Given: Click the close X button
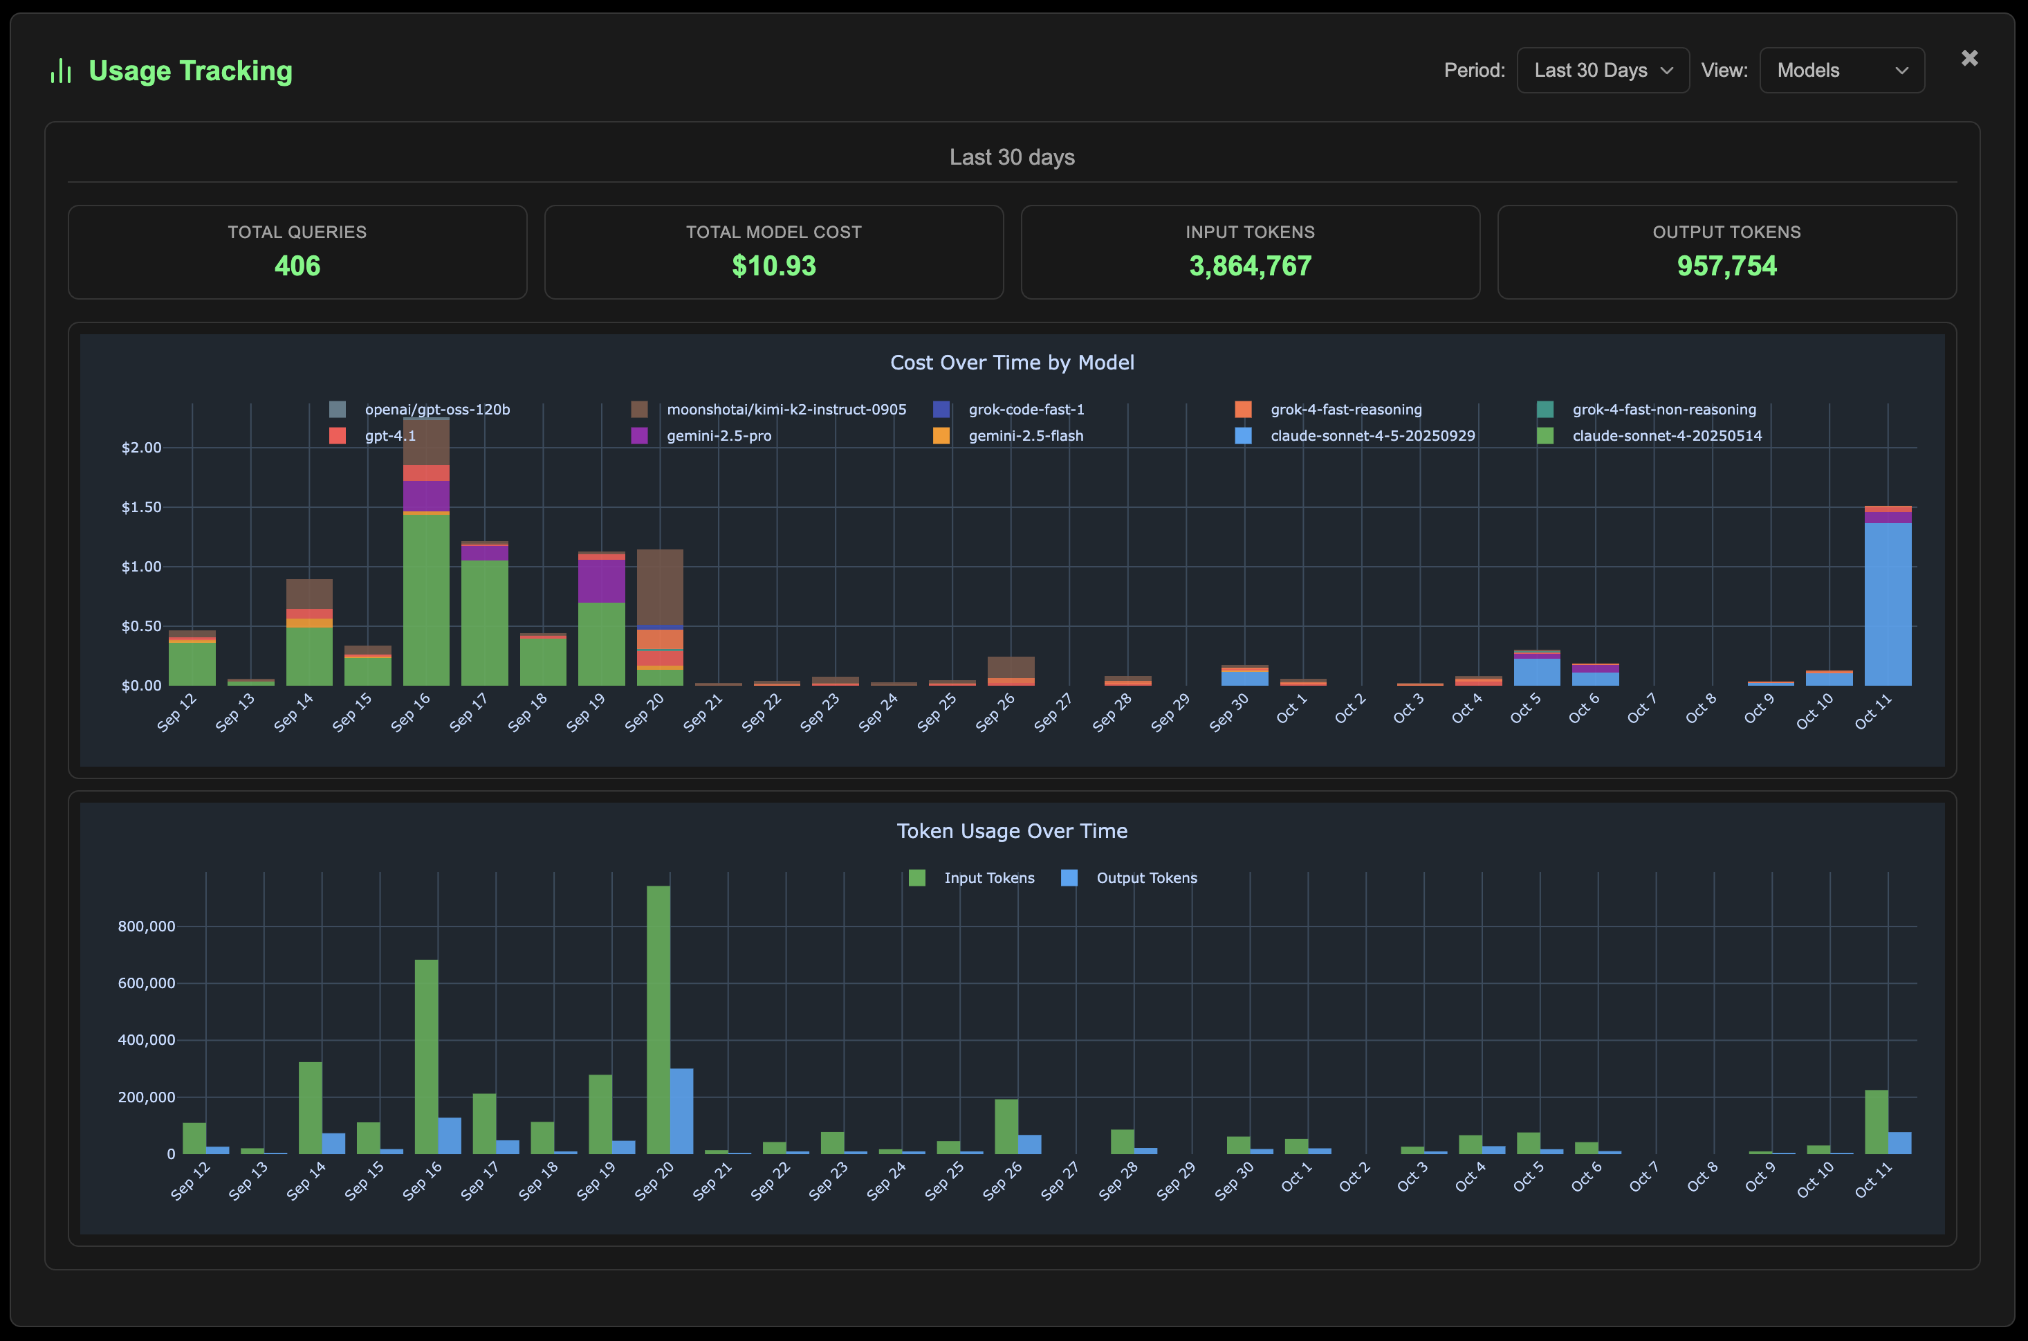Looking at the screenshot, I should (1969, 58).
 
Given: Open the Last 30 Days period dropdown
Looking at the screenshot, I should (1602, 70).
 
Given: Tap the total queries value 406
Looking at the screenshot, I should (297, 266).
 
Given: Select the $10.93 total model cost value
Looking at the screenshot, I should (774, 266).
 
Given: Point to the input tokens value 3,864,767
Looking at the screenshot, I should (1250, 266).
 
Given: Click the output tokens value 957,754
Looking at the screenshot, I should (1726, 266).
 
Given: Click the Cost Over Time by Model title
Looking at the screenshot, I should (1011, 363).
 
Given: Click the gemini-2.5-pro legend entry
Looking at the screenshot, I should (718, 435).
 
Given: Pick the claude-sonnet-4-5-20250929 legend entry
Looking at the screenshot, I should (1372, 435).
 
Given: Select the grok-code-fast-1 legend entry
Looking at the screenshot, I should (1025, 410).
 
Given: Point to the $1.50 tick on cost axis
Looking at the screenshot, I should (141, 507).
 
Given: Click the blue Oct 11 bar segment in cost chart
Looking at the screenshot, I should (1887, 603).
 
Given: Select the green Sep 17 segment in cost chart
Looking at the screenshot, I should (485, 623).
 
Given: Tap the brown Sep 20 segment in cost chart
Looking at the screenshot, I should (659, 586).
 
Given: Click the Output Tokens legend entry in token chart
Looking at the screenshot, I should (1145, 877).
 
